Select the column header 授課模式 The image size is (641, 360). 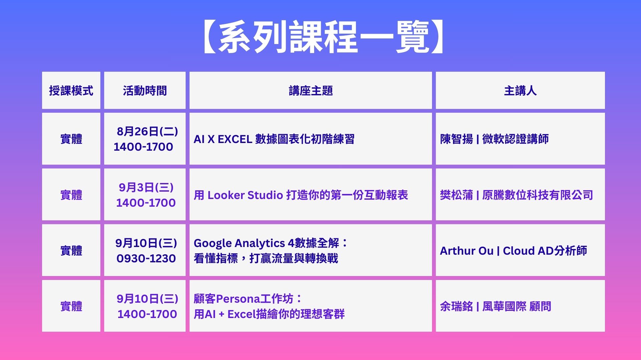pos(71,91)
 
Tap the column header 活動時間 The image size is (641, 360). pos(145,91)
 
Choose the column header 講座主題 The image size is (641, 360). pos(311,91)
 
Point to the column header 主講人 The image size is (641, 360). pos(520,91)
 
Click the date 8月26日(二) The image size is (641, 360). pos(147,131)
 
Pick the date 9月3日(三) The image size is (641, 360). pos(146,187)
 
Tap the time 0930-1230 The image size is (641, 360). pos(146,258)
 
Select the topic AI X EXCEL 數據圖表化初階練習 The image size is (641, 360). pos(274,139)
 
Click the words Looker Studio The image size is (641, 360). pos(245,195)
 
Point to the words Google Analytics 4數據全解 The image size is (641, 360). pos(266,243)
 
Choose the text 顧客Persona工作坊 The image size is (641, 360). pos(244,299)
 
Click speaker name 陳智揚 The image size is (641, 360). pos(456,139)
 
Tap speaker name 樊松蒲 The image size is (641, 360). pos(456,195)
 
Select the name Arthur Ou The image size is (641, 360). pos(467,251)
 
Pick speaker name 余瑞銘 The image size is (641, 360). pos(456,306)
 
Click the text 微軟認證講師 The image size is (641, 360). pos(515,139)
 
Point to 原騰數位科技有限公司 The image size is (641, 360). pos(538,195)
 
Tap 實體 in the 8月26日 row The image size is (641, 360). pos(71,139)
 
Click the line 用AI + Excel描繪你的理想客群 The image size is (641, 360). pos(269,314)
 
